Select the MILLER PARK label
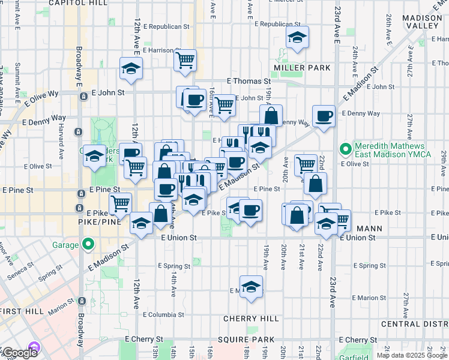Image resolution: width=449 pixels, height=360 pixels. click(x=302, y=68)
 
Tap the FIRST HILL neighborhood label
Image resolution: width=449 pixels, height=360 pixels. click(x=22, y=311)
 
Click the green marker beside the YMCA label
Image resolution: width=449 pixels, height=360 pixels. click(x=345, y=148)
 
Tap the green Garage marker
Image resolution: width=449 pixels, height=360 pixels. click(x=88, y=244)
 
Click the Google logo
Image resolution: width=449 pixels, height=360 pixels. click(x=20, y=353)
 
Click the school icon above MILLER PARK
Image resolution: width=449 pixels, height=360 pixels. click(x=297, y=38)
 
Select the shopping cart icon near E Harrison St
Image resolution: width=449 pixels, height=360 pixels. click(x=185, y=59)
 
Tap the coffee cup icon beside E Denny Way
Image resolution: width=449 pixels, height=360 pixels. click(x=324, y=115)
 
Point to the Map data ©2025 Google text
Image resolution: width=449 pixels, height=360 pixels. click(x=412, y=355)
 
